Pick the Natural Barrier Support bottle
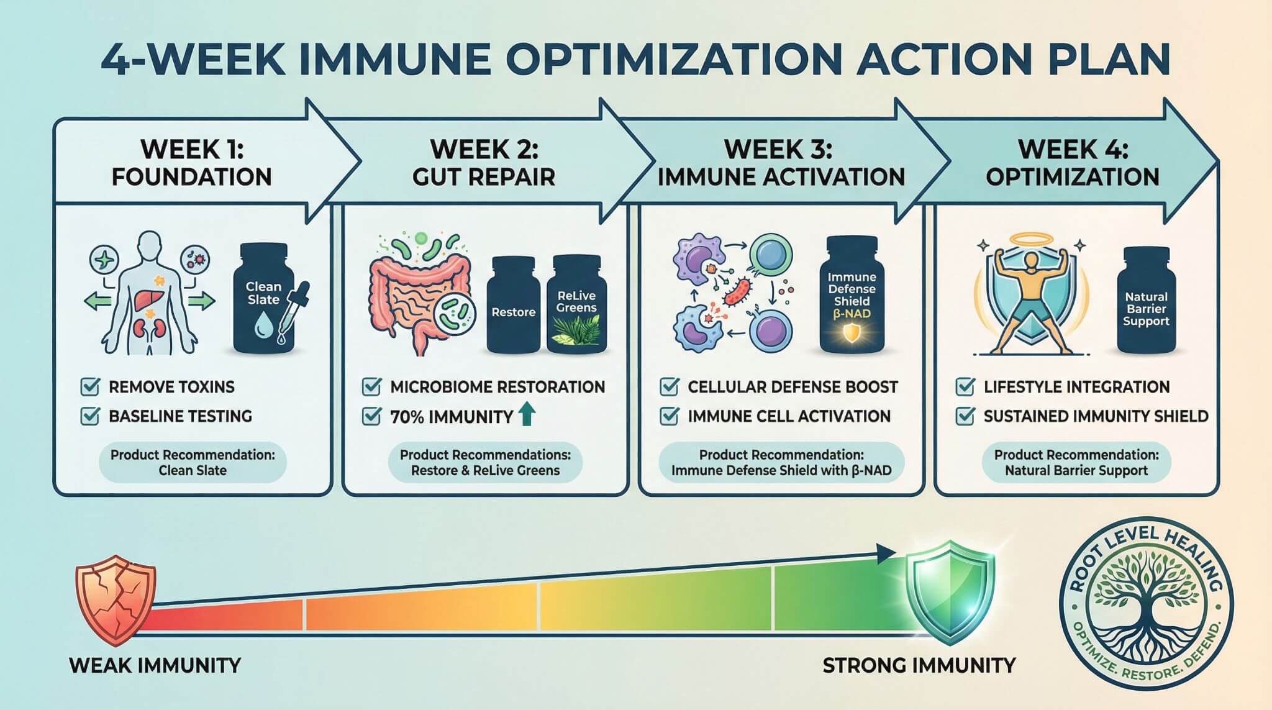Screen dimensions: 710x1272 (1146, 301)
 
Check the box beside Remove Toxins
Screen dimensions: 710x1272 (90, 386)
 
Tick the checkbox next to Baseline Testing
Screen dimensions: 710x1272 (90, 416)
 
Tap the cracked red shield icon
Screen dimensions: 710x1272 (115, 603)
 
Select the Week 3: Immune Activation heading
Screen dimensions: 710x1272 (780, 163)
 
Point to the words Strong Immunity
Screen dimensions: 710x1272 (919, 666)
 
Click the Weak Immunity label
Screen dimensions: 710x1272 (155, 666)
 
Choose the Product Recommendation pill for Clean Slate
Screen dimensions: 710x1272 (193, 462)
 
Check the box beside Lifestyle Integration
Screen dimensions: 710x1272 (965, 386)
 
